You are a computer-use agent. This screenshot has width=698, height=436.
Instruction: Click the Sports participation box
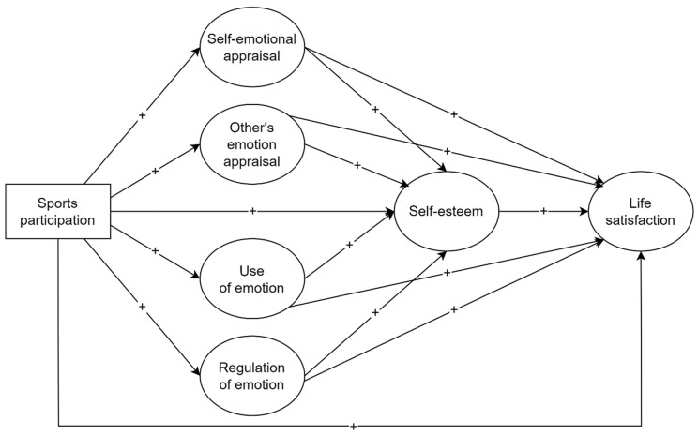[x=57, y=211]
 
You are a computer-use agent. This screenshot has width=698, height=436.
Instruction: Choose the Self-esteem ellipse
[x=447, y=211]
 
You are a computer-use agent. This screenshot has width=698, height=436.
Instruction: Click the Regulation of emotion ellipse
[x=253, y=371]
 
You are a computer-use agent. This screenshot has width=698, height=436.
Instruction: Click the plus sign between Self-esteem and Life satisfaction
[x=544, y=211]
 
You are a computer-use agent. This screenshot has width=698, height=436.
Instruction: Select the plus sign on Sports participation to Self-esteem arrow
[x=252, y=211]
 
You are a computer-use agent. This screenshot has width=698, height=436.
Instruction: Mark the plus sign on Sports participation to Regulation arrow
[x=142, y=308]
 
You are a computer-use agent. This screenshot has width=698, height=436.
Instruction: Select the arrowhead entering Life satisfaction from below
[x=642, y=257]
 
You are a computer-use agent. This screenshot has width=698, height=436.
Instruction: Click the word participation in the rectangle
[x=57, y=220]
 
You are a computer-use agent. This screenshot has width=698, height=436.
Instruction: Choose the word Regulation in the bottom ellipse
[x=253, y=363]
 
